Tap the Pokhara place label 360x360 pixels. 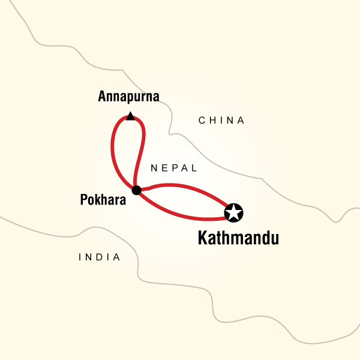[103, 201]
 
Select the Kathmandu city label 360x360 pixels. [238, 239]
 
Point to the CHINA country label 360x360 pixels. [221, 121]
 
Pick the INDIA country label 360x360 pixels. [100, 257]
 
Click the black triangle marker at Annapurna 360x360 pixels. [130, 116]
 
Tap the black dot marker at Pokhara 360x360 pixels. [136, 190]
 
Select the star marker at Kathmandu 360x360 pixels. [233, 212]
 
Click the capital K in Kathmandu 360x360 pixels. [203, 239]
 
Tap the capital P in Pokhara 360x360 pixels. [83, 201]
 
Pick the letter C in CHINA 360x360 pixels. [202, 121]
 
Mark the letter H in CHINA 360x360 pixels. [211, 121]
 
